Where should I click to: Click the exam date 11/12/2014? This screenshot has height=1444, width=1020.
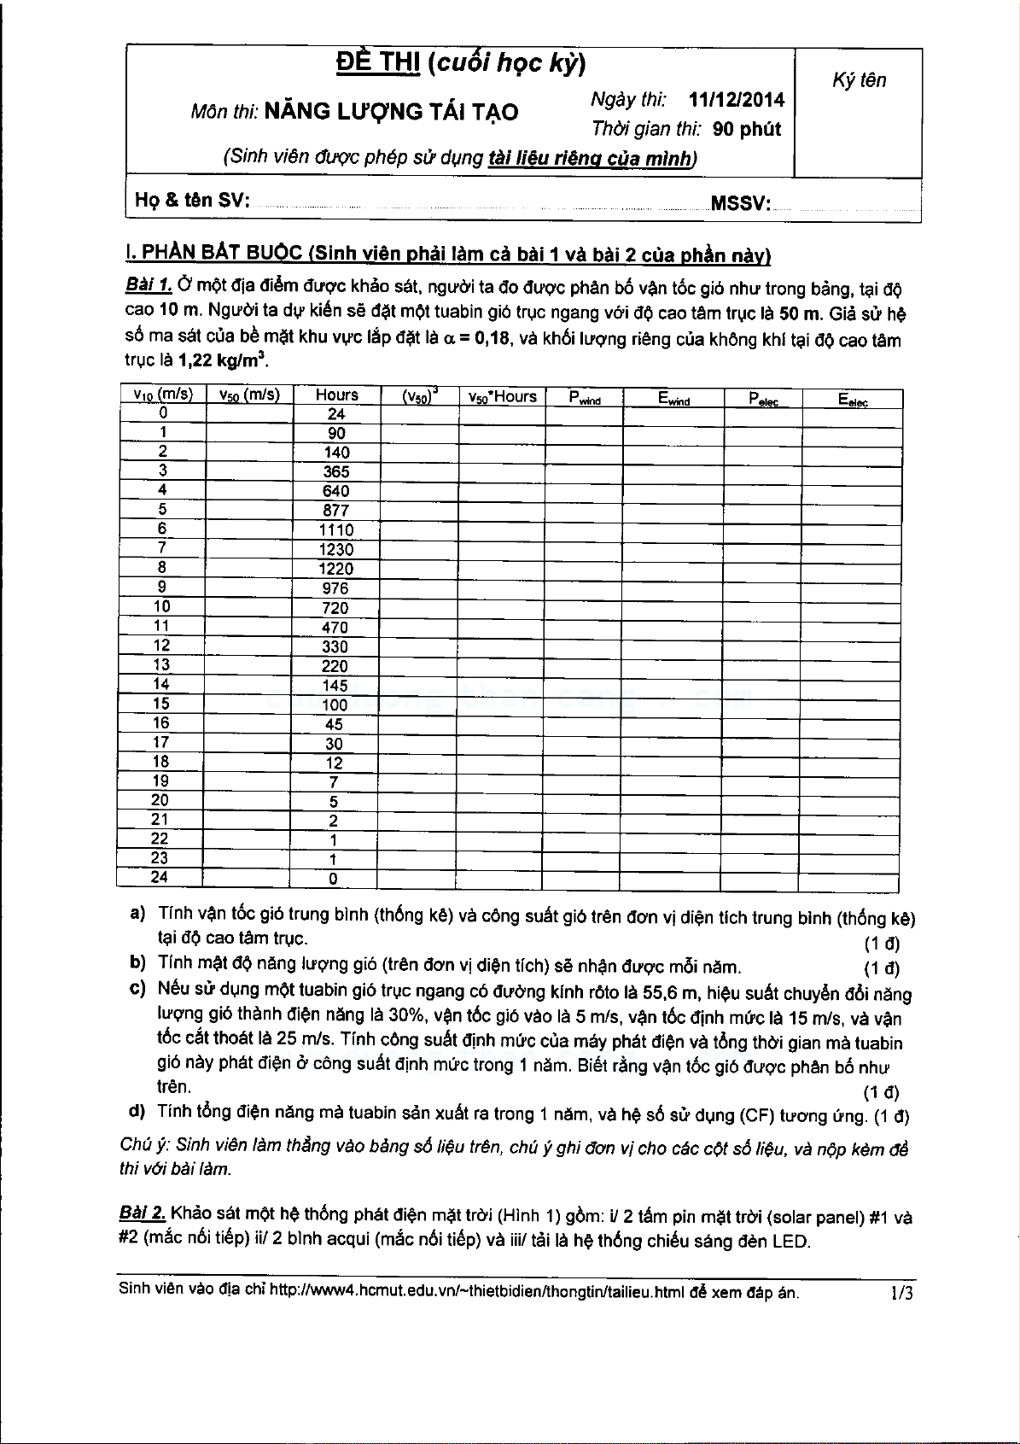click(x=737, y=100)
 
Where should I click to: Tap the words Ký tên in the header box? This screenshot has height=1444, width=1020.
click(x=859, y=80)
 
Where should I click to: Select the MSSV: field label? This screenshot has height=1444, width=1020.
click(x=740, y=203)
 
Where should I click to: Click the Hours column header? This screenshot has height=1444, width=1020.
click(x=336, y=395)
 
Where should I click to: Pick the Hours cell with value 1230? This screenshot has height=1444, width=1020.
click(x=335, y=550)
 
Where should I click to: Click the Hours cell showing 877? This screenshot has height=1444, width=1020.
click(x=335, y=511)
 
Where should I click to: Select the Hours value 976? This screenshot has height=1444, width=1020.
click(x=335, y=588)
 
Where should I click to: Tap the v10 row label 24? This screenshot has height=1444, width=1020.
click(x=160, y=877)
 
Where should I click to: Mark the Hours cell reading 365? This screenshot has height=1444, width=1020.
click(x=335, y=471)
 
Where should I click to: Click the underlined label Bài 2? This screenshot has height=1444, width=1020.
click(x=143, y=1214)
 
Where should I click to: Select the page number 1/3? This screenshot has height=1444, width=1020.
click(x=901, y=1293)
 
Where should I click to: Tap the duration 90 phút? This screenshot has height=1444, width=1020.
click(x=747, y=130)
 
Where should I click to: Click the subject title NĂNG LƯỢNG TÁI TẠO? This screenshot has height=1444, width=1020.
click(x=391, y=112)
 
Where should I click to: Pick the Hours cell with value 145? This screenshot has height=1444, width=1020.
click(x=335, y=686)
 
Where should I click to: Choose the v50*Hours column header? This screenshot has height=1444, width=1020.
click(x=502, y=396)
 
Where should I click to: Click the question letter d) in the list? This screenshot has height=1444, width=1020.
click(x=137, y=1111)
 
